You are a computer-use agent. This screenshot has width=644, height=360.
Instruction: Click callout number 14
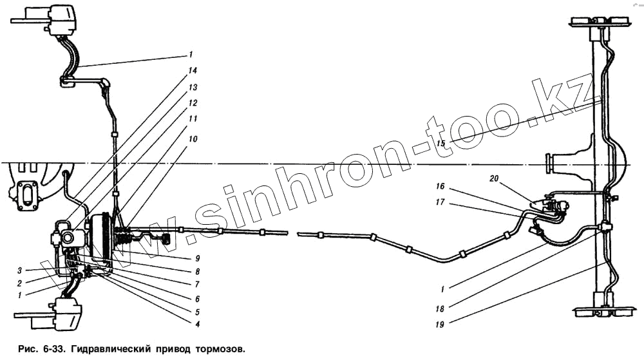point(193,70)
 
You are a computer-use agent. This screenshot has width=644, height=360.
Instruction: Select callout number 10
point(193,138)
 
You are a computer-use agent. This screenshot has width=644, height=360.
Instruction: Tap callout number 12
point(193,103)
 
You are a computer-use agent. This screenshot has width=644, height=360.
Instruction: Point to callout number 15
point(440,142)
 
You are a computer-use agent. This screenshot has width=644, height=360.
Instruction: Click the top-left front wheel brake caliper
point(61,21)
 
